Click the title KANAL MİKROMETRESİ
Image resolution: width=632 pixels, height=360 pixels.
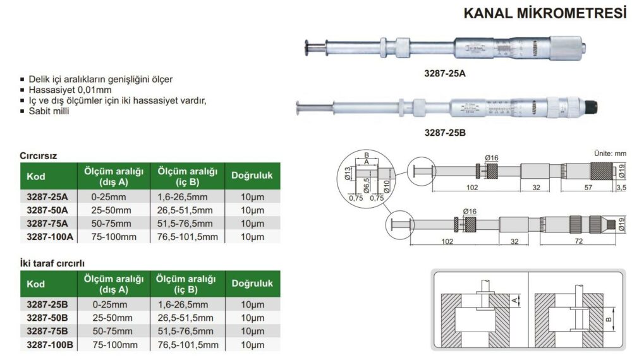(x=545, y=13)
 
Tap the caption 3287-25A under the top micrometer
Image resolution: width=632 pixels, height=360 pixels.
(x=444, y=73)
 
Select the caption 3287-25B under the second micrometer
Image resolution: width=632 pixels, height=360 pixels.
(x=444, y=133)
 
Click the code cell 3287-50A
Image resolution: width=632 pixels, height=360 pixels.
(x=47, y=210)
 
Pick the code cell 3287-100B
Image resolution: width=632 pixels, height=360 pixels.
(x=50, y=345)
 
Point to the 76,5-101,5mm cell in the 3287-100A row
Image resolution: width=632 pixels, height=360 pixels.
(x=188, y=237)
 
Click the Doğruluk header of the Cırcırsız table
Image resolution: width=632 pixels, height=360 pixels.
(x=252, y=176)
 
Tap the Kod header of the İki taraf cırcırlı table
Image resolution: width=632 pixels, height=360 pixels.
(x=36, y=284)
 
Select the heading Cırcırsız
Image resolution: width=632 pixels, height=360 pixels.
(x=39, y=156)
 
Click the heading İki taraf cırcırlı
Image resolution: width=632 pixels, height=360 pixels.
(x=52, y=263)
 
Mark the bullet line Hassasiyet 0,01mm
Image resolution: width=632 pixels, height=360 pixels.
(x=70, y=90)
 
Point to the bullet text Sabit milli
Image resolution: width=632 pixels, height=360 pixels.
(x=49, y=111)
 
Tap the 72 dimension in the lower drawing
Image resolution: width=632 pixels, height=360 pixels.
(x=579, y=241)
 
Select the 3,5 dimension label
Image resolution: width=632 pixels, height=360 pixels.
(x=621, y=187)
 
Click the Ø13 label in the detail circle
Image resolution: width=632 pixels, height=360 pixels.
(x=348, y=174)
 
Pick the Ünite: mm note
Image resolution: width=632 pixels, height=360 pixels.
(x=611, y=153)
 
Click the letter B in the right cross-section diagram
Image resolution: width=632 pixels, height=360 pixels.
(x=609, y=320)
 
